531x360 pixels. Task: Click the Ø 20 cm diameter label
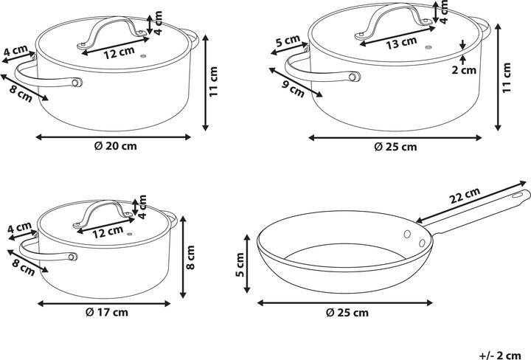(115, 146)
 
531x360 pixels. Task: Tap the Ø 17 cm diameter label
(107, 312)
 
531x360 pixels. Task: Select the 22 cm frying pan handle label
(465, 195)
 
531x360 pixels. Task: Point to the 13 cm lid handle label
(401, 43)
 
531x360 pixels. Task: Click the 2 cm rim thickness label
(464, 70)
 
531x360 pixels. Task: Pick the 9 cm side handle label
(294, 89)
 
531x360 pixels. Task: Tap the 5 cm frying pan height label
(240, 265)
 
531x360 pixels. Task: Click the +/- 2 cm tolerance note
(500, 356)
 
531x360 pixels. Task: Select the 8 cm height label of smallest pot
(191, 257)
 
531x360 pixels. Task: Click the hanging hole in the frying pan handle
(517, 195)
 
